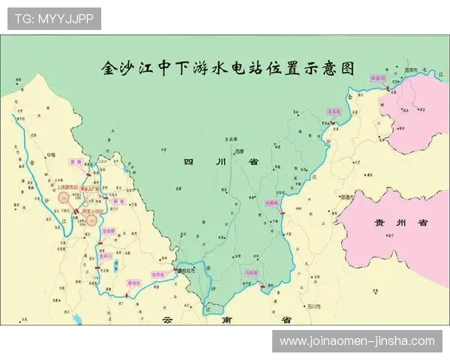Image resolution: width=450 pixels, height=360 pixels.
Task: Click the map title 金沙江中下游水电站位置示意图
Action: (227, 67)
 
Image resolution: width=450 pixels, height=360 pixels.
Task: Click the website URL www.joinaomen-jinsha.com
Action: (357, 340)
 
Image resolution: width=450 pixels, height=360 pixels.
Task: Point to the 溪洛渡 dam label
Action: (334, 111)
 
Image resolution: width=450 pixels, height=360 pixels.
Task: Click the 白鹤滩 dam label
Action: (271, 202)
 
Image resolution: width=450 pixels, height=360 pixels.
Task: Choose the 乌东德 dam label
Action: (251, 273)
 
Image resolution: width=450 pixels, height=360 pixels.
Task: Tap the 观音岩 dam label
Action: (158, 275)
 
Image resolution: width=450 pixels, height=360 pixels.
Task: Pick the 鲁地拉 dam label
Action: (133, 283)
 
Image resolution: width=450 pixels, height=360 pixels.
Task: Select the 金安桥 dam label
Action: (109, 231)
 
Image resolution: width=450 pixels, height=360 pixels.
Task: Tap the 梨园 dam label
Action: (95, 161)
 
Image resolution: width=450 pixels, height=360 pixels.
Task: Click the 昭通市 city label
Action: (346, 196)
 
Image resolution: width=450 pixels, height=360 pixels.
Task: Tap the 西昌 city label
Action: (238, 151)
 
